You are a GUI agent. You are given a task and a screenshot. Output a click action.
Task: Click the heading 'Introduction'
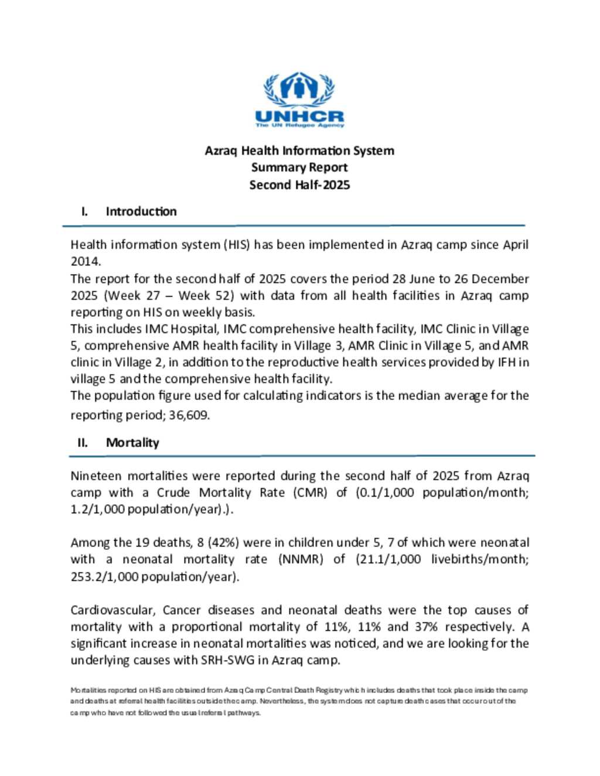coord(141,211)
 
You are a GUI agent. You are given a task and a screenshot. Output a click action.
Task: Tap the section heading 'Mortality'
coord(132,443)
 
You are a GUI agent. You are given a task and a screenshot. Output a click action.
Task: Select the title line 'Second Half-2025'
coord(299,185)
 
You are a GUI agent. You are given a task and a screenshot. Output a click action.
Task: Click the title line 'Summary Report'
coord(299,167)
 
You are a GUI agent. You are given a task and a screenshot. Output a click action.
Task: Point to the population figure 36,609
coord(189,416)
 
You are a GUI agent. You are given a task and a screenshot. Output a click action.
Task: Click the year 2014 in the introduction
coord(84,262)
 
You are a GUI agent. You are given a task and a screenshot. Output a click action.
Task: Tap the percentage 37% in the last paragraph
coord(426,627)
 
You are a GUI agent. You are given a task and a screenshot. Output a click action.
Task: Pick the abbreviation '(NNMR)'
coord(301,559)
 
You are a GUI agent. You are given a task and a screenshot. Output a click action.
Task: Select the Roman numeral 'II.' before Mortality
coord(83,443)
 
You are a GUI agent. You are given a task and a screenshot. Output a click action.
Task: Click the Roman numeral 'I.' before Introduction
coord(85,211)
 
